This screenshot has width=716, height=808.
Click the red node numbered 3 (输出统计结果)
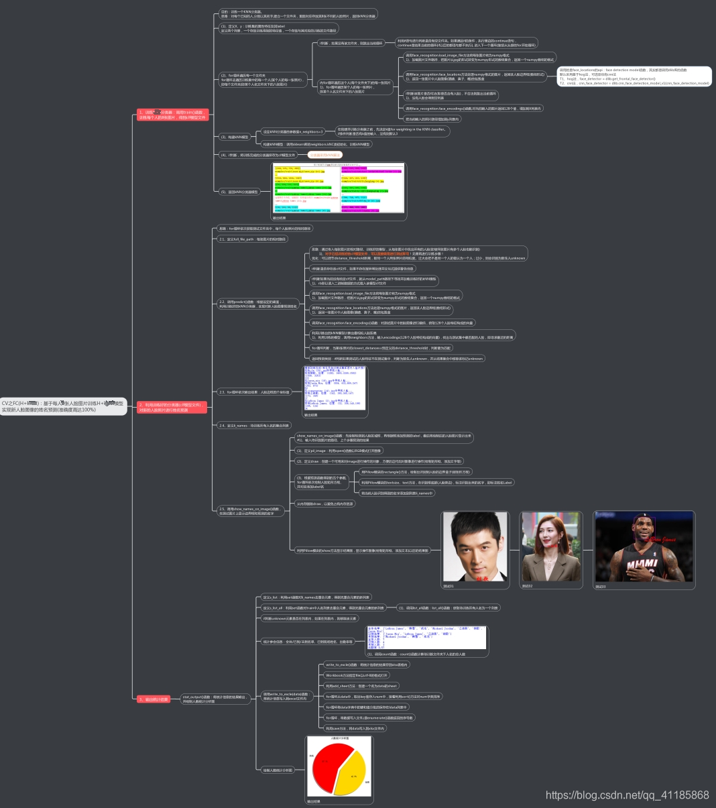click(x=153, y=699)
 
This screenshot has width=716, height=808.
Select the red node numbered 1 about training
click(x=173, y=115)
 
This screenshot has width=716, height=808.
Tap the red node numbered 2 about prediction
click(x=172, y=407)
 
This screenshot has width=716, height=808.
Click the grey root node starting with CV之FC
click(x=63, y=406)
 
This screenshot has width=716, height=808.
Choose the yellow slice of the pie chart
click(x=353, y=778)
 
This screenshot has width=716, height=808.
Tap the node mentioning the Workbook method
click(x=356, y=675)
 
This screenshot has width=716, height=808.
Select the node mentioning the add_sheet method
click(x=361, y=686)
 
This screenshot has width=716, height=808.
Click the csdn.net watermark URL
click(x=627, y=795)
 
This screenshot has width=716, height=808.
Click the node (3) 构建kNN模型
click(x=234, y=137)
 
